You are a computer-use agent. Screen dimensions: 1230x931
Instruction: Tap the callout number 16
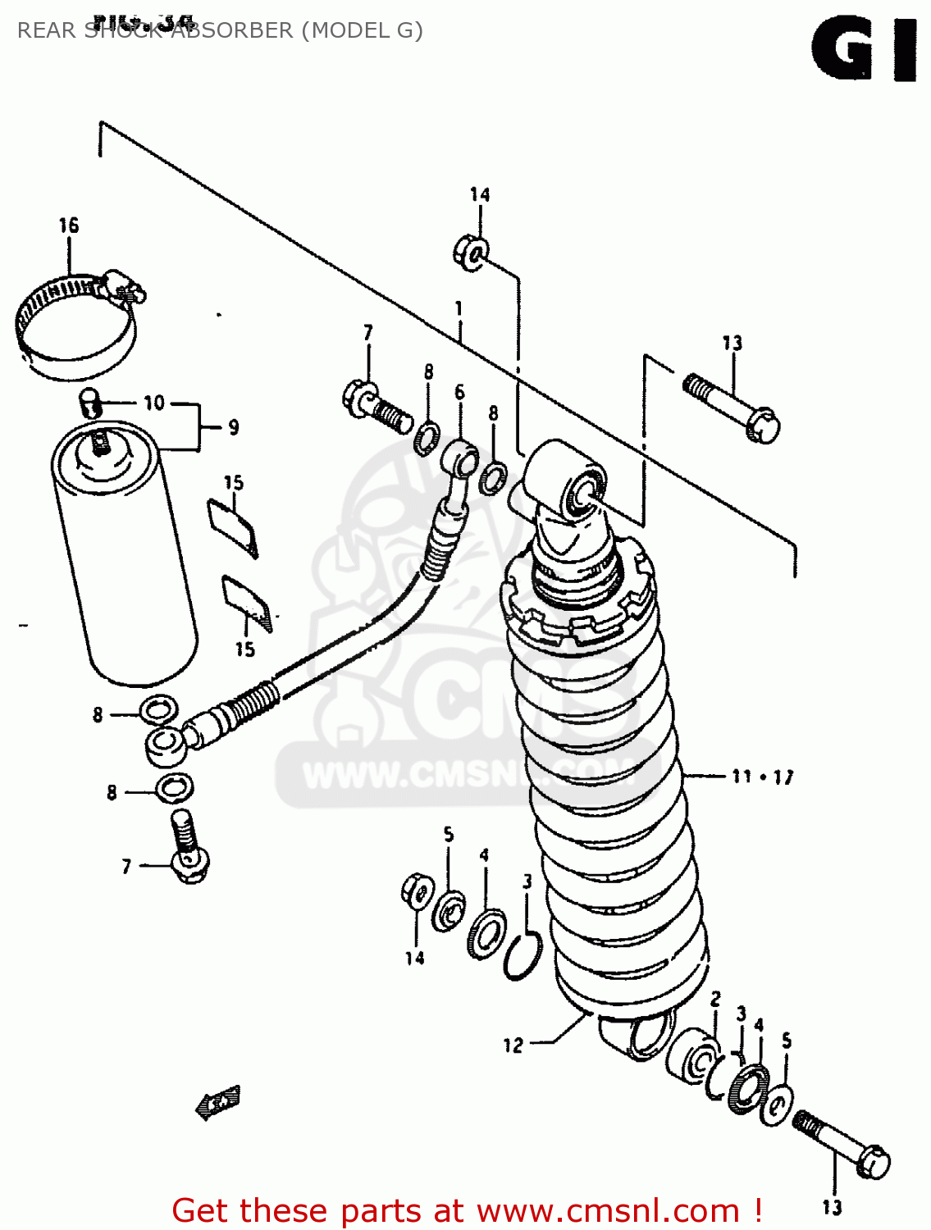69,225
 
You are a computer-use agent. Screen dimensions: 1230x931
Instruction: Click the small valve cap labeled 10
89,402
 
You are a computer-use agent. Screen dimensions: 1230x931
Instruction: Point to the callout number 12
513,1045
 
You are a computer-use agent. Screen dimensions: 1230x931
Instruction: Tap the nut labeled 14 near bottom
417,891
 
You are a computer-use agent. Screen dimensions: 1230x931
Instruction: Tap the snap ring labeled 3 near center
523,957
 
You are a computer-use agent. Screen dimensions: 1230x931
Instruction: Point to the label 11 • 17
762,776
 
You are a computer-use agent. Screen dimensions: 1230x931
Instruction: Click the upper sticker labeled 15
232,526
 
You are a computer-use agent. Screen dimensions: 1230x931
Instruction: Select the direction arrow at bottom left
218,1104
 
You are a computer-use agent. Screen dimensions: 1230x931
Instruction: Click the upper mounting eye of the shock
582,492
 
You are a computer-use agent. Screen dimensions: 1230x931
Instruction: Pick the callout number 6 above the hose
459,392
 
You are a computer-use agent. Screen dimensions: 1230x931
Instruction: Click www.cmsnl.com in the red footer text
608,1210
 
